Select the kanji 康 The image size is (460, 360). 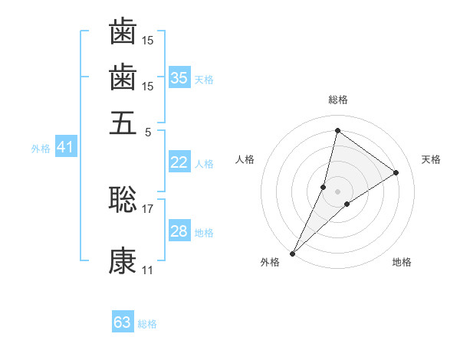click(123, 261)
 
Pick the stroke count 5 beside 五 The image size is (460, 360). click(148, 131)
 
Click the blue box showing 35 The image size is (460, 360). click(179, 77)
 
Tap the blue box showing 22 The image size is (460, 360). click(179, 162)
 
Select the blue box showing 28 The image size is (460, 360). click(179, 231)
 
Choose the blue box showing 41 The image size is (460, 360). click(65, 147)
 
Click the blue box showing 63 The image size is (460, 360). click(123, 322)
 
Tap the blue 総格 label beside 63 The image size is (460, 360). click(147, 324)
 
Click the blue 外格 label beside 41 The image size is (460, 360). click(41, 149)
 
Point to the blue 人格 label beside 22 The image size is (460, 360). click(204, 164)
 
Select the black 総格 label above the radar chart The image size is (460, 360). click(338, 100)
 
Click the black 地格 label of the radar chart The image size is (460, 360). click(402, 262)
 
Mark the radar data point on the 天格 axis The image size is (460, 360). click(396, 172)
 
